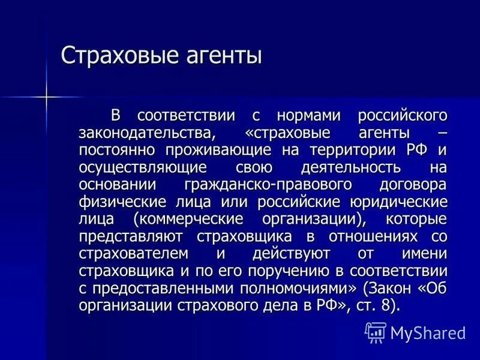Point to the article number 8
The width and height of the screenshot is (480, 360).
[x=385, y=305]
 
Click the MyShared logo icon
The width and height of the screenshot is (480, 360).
[x=375, y=332]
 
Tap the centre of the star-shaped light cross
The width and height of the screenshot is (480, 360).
[x=46, y=96]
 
